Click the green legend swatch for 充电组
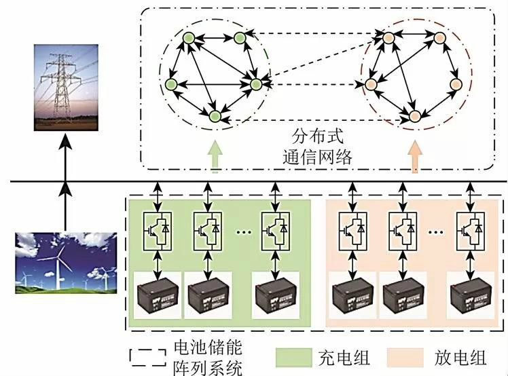click(293, 356)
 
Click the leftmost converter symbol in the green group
click(156, 227)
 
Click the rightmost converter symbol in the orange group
click(470, 227)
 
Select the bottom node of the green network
click(215, 117)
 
